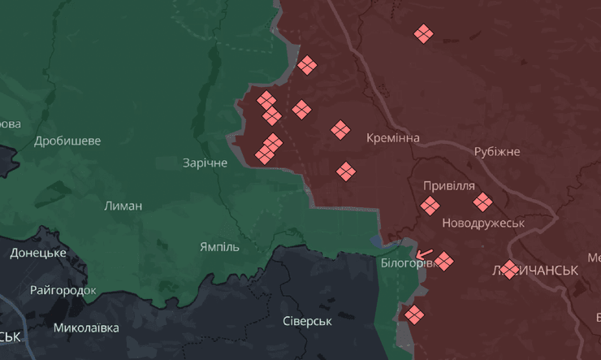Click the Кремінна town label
[393, 138]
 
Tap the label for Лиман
[123, 206]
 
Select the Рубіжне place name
[497, 152]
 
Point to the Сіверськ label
[308, 321]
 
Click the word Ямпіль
[219, 246]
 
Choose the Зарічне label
[205, 163]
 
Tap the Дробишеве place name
[67, 141]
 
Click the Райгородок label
[63, 290]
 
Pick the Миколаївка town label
[86, 328]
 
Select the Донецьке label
[38, 253]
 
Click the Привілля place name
[449, 185]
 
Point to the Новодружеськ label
[483, 222]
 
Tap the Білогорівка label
[400, 263]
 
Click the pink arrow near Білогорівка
[423, 254]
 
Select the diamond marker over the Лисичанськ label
[509, 269]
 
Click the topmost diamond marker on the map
[423, 33]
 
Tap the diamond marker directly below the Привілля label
[430, 206]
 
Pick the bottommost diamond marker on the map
[414, 314]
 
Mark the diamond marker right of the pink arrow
[443, 261]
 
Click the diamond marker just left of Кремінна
[340, 129]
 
